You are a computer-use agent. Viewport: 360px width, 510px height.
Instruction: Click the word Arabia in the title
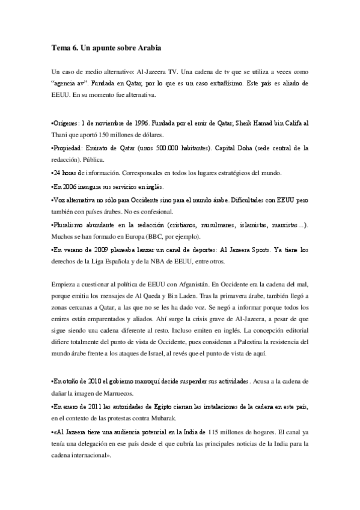click(x=148, y=46)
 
